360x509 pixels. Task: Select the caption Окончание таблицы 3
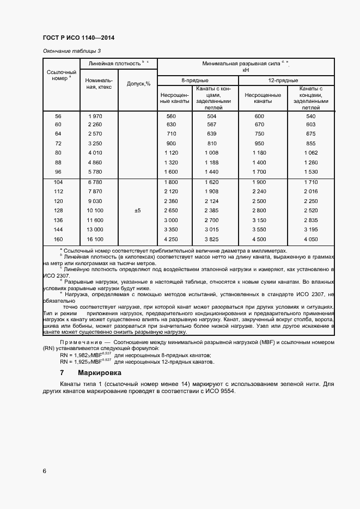[71, 51]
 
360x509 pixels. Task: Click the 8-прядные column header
[197, 80]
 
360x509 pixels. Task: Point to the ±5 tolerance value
[137, 210]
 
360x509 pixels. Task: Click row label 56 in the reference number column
[59, 116]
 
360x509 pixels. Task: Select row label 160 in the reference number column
[59, 239]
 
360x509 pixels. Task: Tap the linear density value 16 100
[95, 239]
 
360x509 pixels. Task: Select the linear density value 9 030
[95, 200]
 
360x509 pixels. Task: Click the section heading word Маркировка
[100, 373]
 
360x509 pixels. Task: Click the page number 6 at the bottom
[44, 471]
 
